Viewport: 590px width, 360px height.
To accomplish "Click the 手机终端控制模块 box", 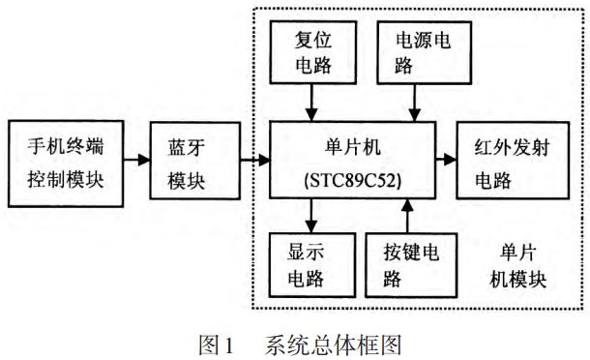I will [66, 162].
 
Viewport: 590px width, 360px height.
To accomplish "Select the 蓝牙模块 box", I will [188, 162].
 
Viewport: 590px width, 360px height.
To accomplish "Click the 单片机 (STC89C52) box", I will [352, 162].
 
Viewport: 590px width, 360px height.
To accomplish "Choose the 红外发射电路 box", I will [508, 162].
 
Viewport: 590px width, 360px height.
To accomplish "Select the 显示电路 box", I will [310, 265].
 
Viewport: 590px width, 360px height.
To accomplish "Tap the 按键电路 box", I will [414, 265].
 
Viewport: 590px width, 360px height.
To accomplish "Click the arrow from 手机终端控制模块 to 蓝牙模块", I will [136, 162].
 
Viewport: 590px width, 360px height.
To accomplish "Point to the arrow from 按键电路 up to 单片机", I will [414, 215].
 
